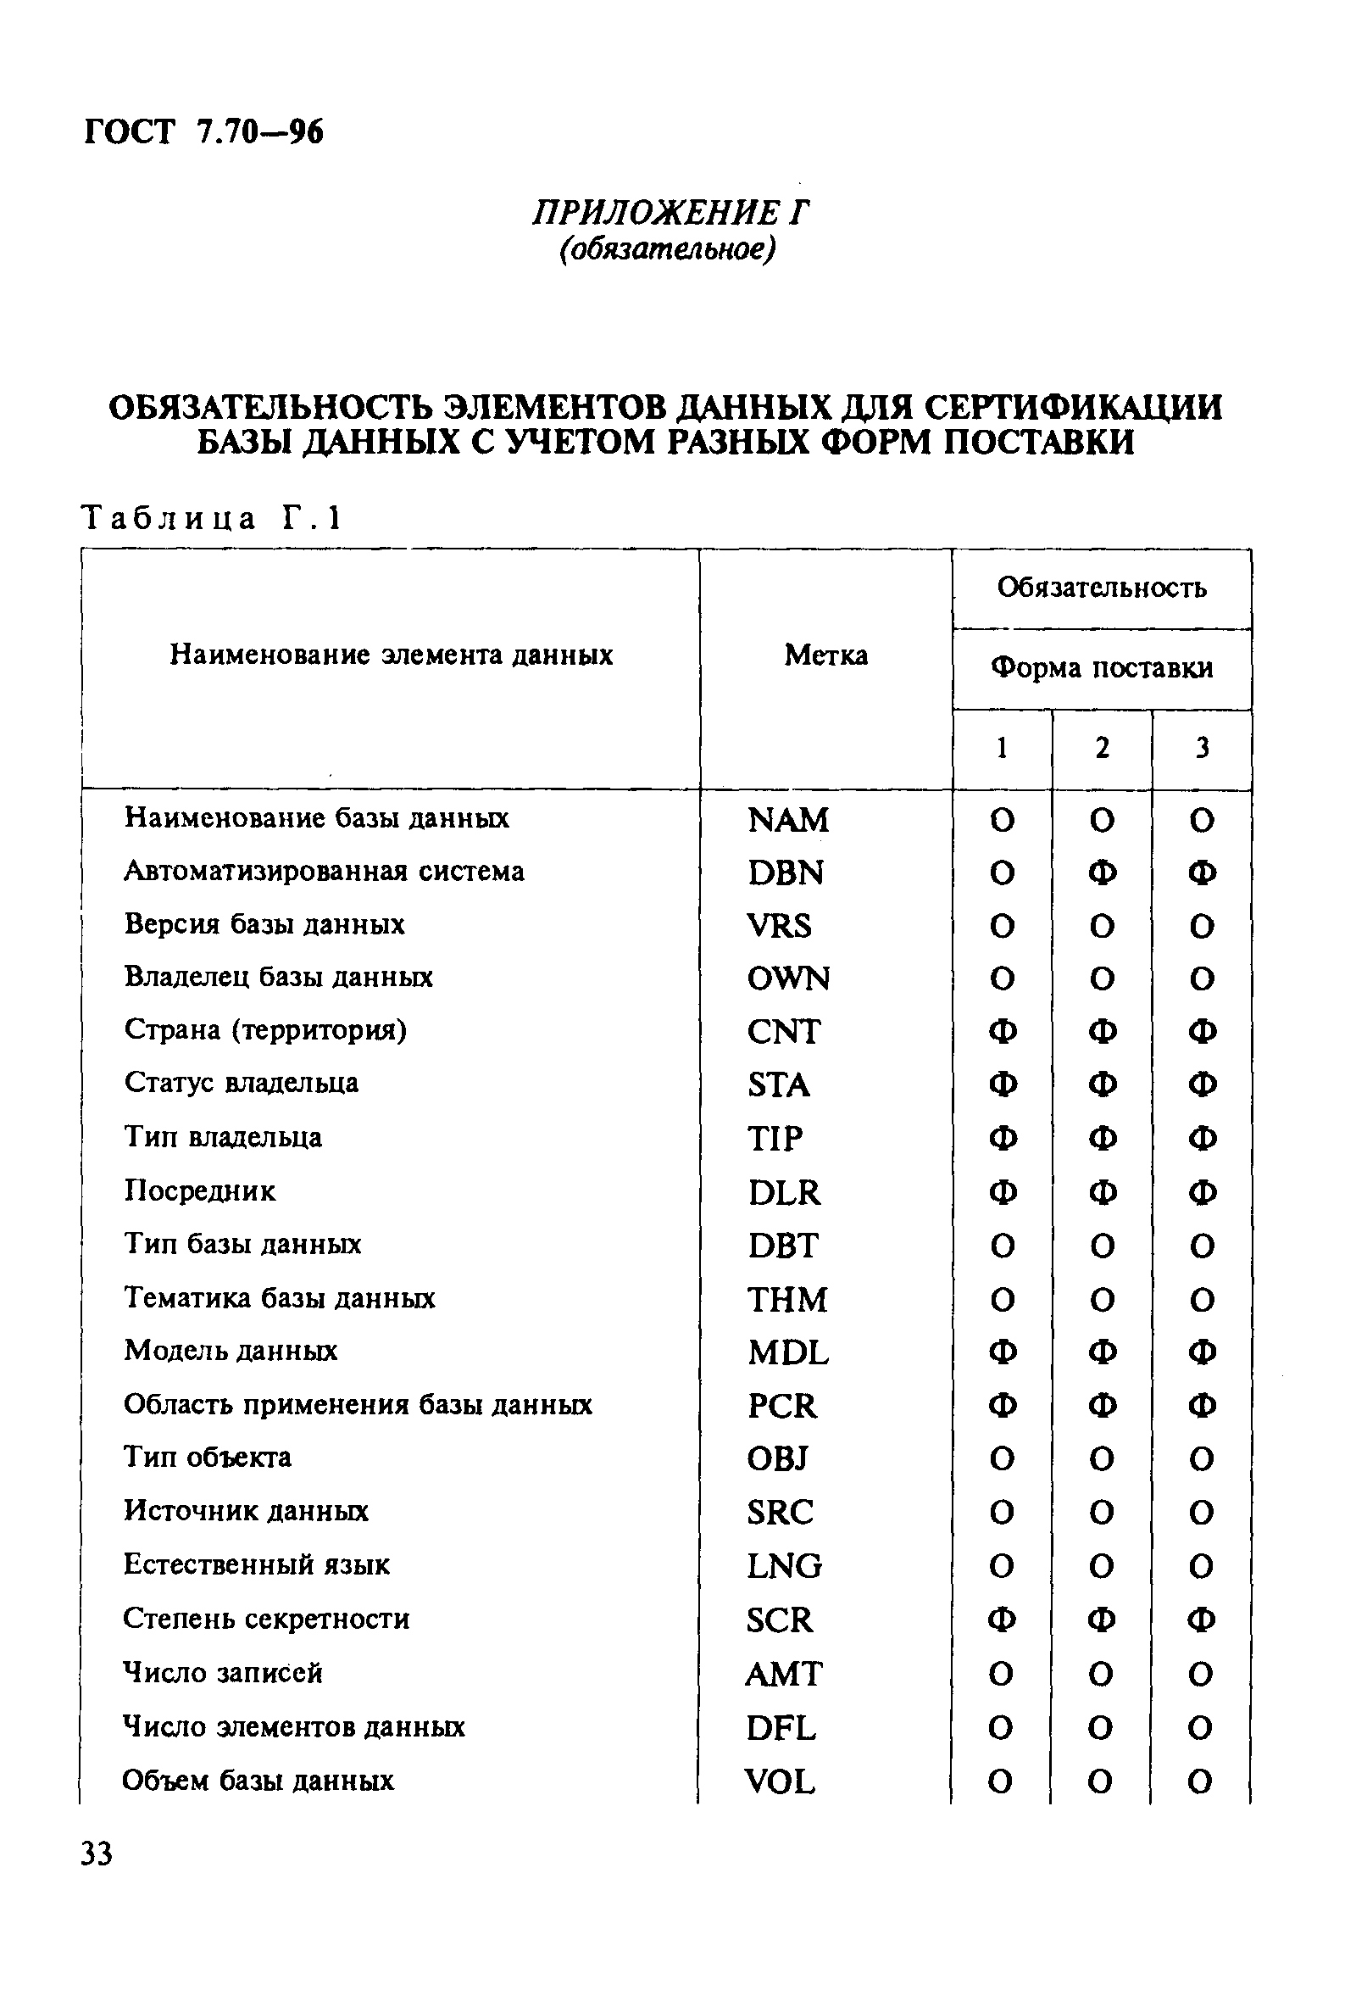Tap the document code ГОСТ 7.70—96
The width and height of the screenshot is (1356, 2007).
click(x=203, y=132)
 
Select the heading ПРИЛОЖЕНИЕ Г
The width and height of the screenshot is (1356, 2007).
click(x=670, y=212)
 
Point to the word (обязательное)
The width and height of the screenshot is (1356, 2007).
click(x=667, y=249)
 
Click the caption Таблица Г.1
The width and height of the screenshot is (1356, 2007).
click(x=213, y=518)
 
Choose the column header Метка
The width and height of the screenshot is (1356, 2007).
click(x=825, y=655)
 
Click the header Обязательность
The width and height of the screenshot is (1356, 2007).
click(x=1102, y=588)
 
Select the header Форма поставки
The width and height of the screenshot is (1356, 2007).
click(x=1102, y=667)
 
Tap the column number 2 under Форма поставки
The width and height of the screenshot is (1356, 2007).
click(x=1102, y=747)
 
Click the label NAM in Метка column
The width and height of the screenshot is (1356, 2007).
click(x=787, y=820)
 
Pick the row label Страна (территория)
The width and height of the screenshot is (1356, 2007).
click(x=265, y=1029)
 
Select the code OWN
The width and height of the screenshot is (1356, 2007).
click(x=788, y=978)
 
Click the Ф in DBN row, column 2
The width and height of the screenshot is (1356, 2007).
click(x=1102, y=873)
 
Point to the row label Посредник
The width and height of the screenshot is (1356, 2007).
click(x=199, y=1190)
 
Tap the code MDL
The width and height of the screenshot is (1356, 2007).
click(x=787, y=1352)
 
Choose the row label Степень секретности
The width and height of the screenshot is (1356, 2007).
click(x=266, y=1619)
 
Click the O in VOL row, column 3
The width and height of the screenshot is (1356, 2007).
click(x=1200, y=1781)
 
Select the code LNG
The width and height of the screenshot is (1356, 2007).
click(x=784, y=1566)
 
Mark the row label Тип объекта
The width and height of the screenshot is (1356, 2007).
click(x=207, y=1458)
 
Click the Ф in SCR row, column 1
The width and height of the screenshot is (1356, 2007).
click(x=1001, y=1620)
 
